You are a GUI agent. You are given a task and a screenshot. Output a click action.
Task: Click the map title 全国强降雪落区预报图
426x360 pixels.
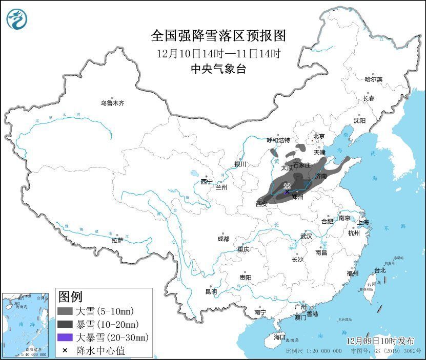coord(218,36)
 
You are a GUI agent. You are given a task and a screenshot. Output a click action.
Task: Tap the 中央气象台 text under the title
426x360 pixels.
coord(218,69)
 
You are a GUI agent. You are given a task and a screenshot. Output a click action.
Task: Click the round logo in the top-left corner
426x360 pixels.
coord(16,19)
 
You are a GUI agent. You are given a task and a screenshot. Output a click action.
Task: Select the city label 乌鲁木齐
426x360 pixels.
coord(112,103)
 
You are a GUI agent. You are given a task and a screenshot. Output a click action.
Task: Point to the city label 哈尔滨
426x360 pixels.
coord(373,79)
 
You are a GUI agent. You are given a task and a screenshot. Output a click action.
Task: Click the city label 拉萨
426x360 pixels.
coord(117,240)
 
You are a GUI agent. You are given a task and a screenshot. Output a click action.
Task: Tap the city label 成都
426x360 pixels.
coord(223,239)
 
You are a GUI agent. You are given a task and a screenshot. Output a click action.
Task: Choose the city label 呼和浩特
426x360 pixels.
coord(278,140)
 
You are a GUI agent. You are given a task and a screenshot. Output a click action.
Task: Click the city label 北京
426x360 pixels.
coord(319,136)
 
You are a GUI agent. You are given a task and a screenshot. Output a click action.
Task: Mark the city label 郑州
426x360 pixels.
coord(297,197)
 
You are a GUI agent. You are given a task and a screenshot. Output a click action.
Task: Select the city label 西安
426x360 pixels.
coord(261,204)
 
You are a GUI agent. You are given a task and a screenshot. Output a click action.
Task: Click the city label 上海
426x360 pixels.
coord(363,222)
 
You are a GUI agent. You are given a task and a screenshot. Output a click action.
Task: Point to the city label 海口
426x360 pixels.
coord(279,337)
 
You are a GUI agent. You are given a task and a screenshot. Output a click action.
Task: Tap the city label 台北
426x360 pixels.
coord(380,270)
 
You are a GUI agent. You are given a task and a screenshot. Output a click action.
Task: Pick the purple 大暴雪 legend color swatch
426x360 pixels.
coord(65,337)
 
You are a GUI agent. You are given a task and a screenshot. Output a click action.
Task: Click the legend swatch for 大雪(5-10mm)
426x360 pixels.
coord(65,311)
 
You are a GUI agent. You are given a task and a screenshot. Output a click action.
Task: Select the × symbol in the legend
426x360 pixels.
coord(65,351)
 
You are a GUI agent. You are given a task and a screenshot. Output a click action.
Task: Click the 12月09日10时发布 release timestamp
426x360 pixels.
coord(379,341)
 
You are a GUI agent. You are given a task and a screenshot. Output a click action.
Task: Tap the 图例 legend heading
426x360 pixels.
coord(70,297)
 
